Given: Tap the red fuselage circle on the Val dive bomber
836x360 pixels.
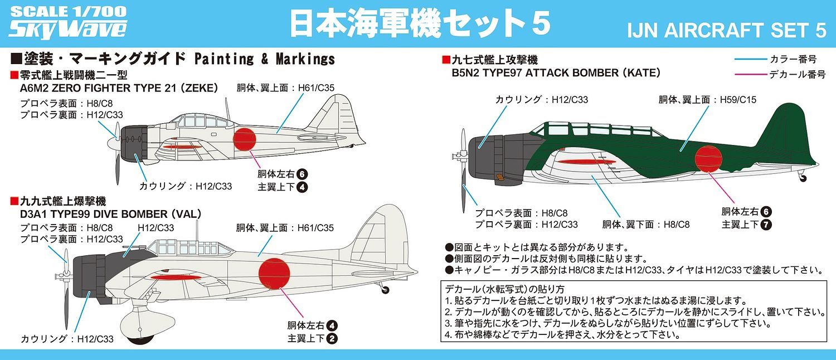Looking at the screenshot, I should click(274, 274).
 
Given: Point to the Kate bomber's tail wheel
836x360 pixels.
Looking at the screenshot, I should click(802, 178).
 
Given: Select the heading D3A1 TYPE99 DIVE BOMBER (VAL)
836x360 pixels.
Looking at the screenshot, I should click(110, 214).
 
